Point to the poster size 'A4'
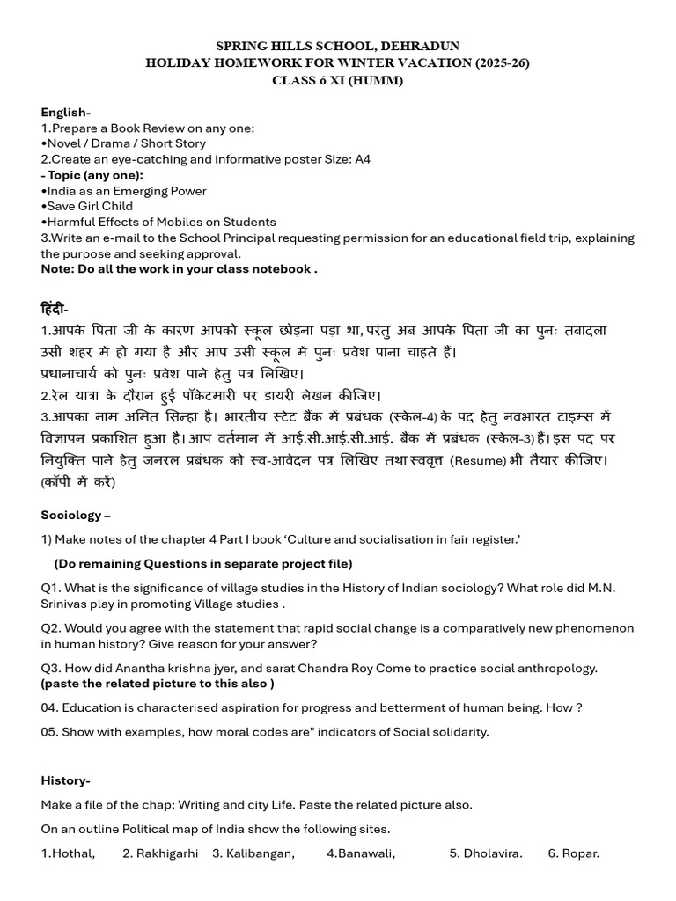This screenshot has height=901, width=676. (363, 159)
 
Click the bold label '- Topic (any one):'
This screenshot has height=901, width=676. (92, 175)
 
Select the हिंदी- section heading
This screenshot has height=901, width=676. (55, 309)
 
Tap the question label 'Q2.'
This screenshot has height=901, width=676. (51, 628)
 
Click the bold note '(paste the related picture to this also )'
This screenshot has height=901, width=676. (158, 684)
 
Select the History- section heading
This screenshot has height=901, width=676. (65, 780)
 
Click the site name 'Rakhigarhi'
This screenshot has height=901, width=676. (167, 853)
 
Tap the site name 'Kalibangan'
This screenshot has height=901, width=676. (261, 853)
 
